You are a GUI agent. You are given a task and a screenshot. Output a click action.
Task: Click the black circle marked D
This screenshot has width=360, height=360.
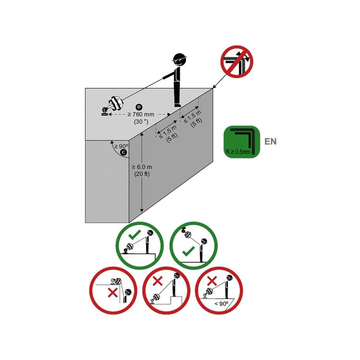point(139,107)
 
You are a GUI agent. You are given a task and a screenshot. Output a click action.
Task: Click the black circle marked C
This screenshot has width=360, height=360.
point(123,152)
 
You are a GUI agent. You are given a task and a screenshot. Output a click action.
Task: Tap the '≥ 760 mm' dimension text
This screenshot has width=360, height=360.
point(141,114)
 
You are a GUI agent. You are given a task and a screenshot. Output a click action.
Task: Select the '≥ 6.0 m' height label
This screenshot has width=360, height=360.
point(142,167)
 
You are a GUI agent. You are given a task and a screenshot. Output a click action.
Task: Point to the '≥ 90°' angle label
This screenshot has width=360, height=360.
point(121,146)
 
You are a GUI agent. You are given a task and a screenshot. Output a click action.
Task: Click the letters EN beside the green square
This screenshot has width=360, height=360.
point(270,141)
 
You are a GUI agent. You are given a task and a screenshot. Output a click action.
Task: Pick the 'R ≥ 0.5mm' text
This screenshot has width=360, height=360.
point(238,152)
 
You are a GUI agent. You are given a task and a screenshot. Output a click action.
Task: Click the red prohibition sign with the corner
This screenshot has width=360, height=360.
point(237,62)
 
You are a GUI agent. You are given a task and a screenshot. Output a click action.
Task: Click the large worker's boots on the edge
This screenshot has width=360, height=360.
point(177,105)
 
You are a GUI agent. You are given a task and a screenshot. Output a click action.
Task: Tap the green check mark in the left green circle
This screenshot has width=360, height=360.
point(135,235)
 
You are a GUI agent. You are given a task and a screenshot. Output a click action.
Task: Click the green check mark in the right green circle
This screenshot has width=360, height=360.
point(189,252)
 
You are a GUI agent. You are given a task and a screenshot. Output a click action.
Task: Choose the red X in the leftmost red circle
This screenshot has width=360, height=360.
point(113,292)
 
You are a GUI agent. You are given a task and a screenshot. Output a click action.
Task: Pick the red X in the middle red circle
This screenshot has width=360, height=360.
point(157,281)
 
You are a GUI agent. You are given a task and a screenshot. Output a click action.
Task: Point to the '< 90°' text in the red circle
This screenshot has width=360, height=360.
point(221,304)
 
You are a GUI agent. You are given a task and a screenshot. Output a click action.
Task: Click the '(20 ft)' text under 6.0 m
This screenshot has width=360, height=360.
point(142,174)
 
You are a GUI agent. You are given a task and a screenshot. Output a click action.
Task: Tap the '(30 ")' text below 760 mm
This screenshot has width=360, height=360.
point(141,121)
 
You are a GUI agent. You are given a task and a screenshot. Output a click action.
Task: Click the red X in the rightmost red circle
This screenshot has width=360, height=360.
point(212,280)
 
